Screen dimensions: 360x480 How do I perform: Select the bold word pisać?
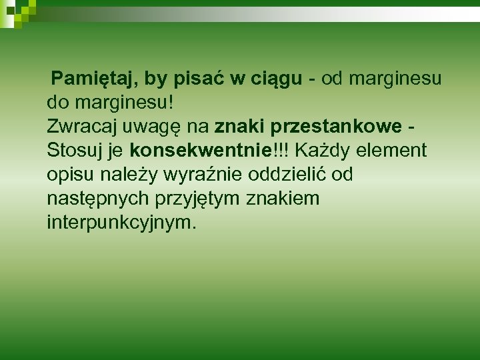click(x=200, y=80)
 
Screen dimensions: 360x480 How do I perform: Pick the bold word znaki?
click(x=237, y=127)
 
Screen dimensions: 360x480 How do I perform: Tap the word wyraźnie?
click(x=205, y=175)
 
